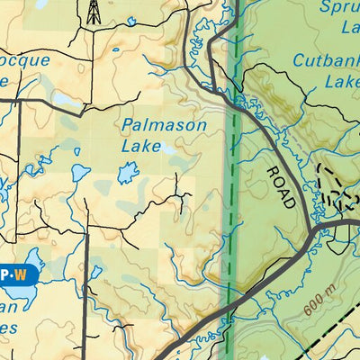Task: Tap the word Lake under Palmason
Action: (141, 146)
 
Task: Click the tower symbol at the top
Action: (92, 12)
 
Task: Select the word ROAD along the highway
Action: (280, 186)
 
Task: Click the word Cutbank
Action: (326, 61)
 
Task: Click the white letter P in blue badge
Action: (4, 274)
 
